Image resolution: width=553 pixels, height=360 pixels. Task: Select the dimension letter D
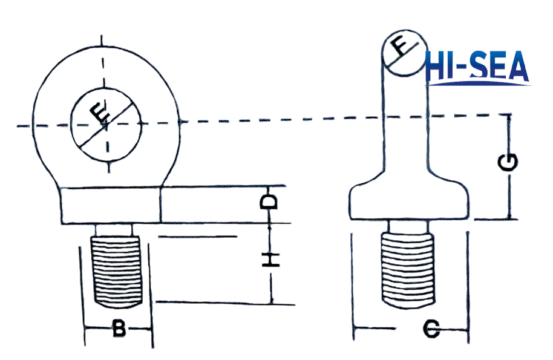pyautogui.click(x=270, y=201)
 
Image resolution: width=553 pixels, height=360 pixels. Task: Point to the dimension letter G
pyautogui.click(x=510, y=162)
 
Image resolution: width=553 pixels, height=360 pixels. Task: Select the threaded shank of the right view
pyautogui.click(x=409, y=269)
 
